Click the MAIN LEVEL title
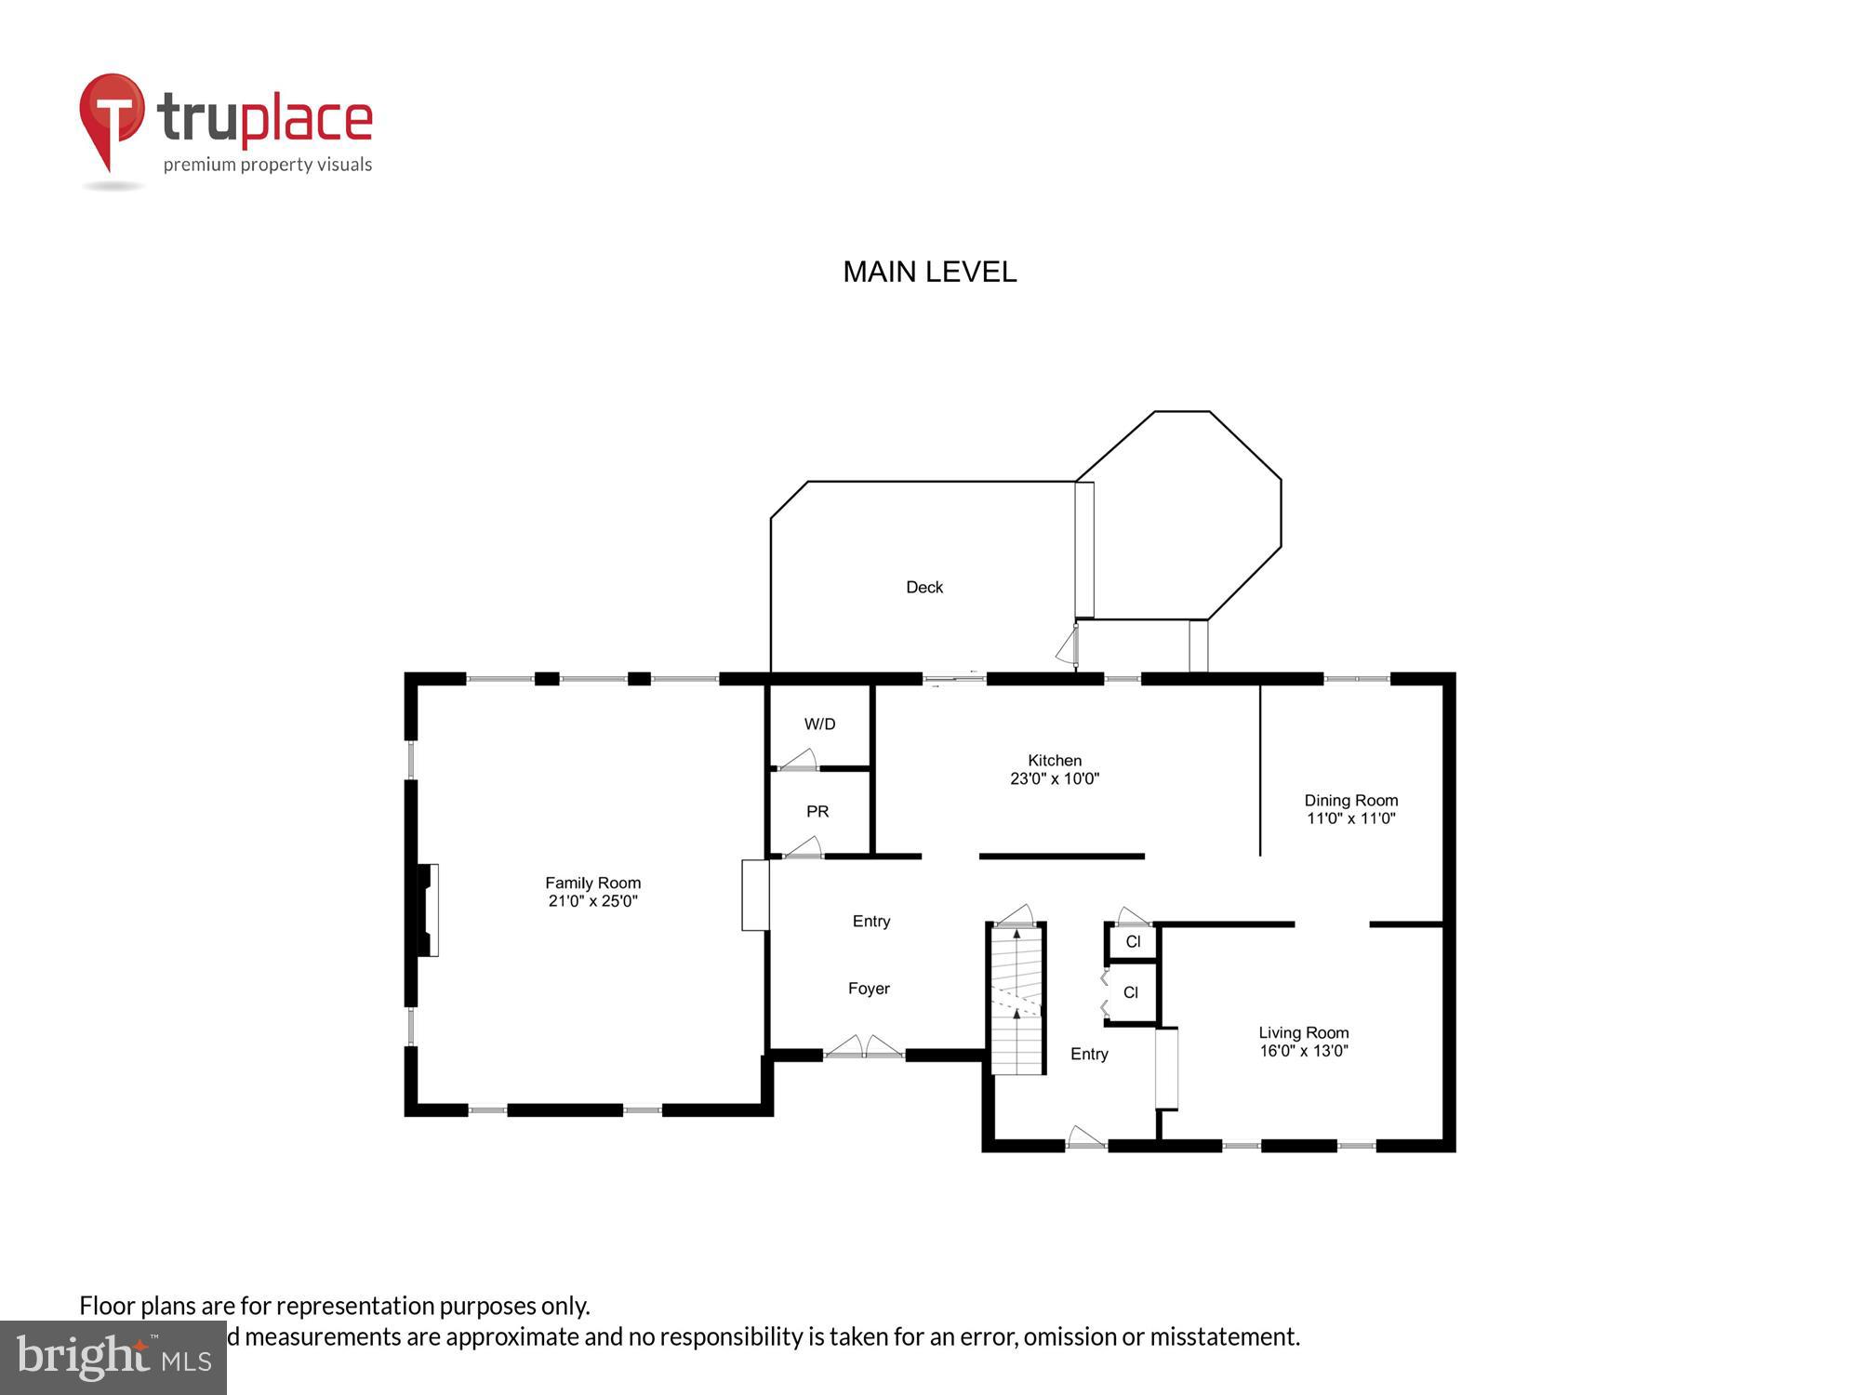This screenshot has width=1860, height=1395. pos(929,272)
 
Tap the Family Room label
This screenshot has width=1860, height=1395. pos(592,883)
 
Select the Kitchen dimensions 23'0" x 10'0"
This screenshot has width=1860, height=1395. pos(1055,779)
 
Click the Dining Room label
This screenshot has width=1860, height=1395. pos(1350,800)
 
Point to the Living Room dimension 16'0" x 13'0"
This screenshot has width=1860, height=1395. pos(1304,1051)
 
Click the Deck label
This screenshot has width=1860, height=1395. pos(924,587)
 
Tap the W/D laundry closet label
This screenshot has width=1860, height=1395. pos(819,724)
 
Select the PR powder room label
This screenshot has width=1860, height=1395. pos(817,811)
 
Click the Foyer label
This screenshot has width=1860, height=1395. pos(869,989)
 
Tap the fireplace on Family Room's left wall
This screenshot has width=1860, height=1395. pos(427,910)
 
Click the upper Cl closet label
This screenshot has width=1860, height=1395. pos(1133,941)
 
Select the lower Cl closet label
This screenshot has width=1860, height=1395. pos(1131,992)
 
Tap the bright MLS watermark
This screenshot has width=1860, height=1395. pos(113,1358)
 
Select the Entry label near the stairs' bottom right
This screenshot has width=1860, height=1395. pos(1089,1054)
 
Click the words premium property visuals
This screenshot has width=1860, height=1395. pos(268,165)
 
